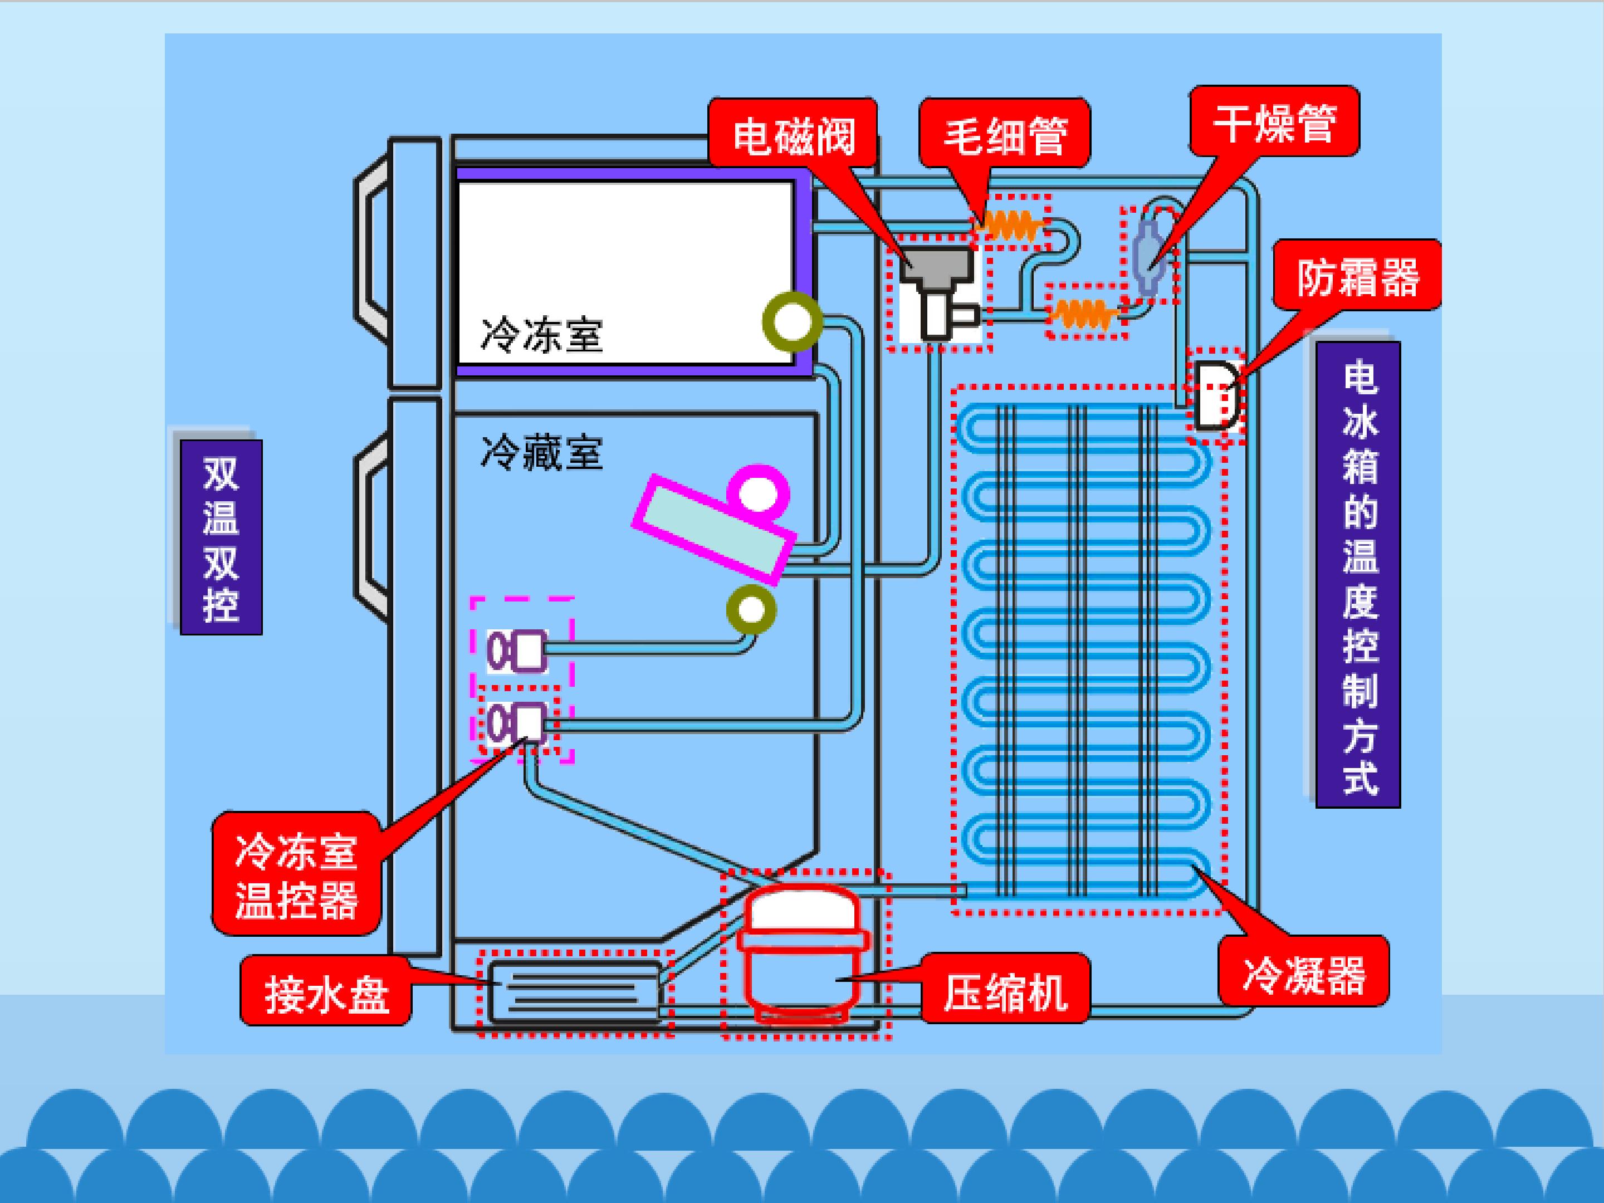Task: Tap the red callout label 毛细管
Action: [x=1005, y=134]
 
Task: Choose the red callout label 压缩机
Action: [x=1005, y=990]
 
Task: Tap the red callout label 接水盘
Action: [x=326, y=991]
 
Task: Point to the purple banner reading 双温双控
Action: [x=221, y=537]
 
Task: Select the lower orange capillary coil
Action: [x=1084, y=313]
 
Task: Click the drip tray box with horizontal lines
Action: [x=575, y=991]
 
